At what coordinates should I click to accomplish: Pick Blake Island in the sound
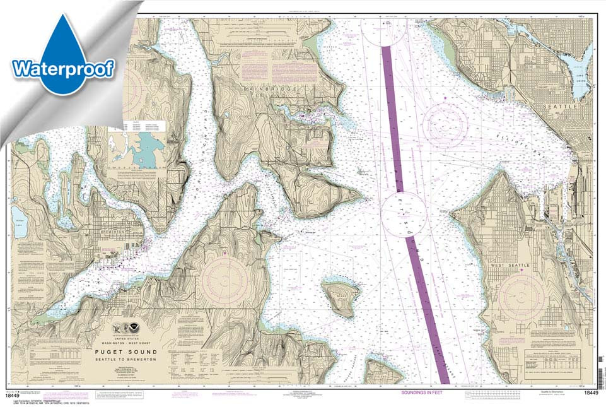341,298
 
